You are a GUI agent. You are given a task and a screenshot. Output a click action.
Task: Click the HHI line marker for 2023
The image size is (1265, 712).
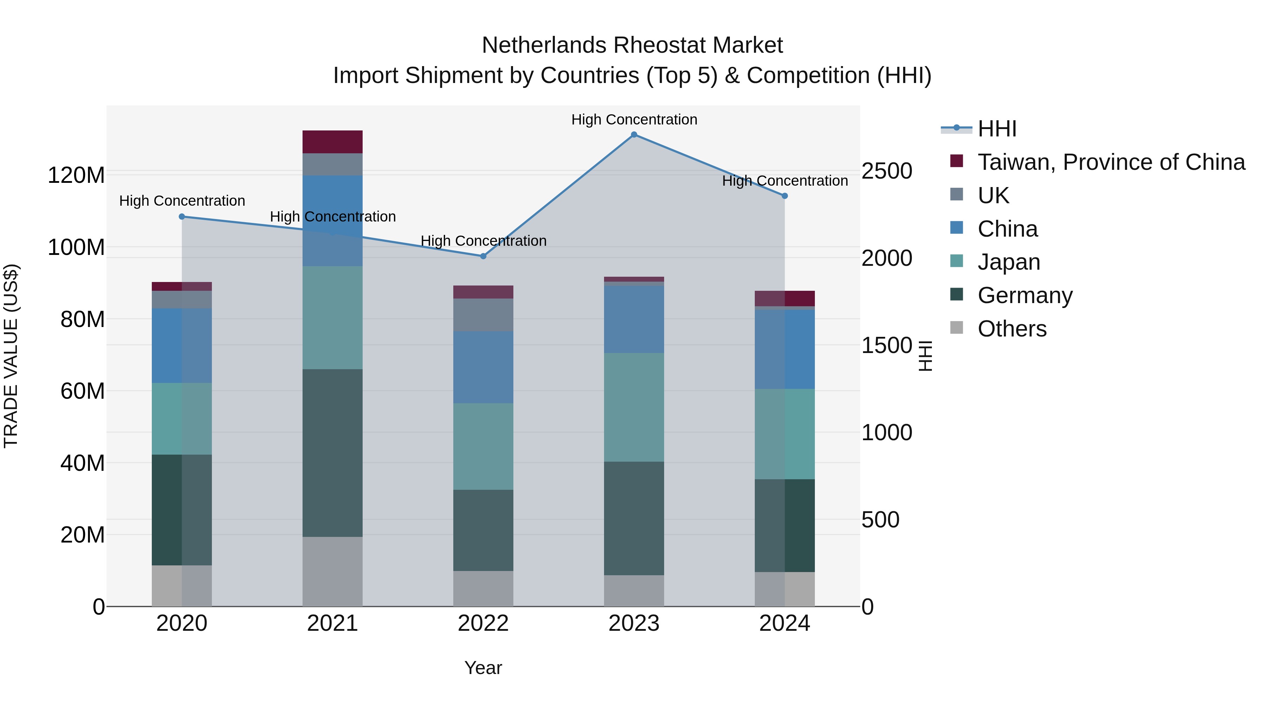click(x=634, y=135)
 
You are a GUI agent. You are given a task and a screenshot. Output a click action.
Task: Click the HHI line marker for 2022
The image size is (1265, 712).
click(x=483, y=256)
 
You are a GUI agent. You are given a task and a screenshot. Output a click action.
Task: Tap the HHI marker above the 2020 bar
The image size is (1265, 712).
click(x=182, y=217)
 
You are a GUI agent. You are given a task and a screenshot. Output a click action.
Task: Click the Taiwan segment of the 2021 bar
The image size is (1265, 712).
click(x=332, y=142)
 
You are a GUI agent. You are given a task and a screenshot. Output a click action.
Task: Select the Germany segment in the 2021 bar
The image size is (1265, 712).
click(x=332, y=453)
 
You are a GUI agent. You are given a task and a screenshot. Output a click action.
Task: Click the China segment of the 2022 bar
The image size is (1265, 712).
click(x=483, y=367)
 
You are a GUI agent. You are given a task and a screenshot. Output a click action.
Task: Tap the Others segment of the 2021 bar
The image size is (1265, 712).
click(x=332, y=571)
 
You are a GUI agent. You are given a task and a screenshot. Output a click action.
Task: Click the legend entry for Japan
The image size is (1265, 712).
click(x=1008, y=262)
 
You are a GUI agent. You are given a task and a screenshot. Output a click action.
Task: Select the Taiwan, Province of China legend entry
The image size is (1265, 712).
click(x=1111, y=162)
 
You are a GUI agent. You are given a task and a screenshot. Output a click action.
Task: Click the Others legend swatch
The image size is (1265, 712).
click(x=956, y=328)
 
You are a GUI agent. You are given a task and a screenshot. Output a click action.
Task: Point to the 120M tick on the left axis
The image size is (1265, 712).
click(x=76, y=175)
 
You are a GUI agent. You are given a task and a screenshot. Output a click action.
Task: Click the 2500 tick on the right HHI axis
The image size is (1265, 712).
click(x=887, y=171)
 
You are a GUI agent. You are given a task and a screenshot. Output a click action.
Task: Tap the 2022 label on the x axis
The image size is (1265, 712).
click(x=483, y=623)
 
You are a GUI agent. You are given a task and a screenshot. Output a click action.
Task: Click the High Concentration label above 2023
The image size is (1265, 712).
click(x=634, y=120)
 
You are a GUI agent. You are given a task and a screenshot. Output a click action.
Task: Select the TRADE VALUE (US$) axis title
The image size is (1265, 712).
click(x=11, y=356)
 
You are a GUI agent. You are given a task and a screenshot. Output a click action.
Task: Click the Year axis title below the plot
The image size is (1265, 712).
click(x=483, y=668)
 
